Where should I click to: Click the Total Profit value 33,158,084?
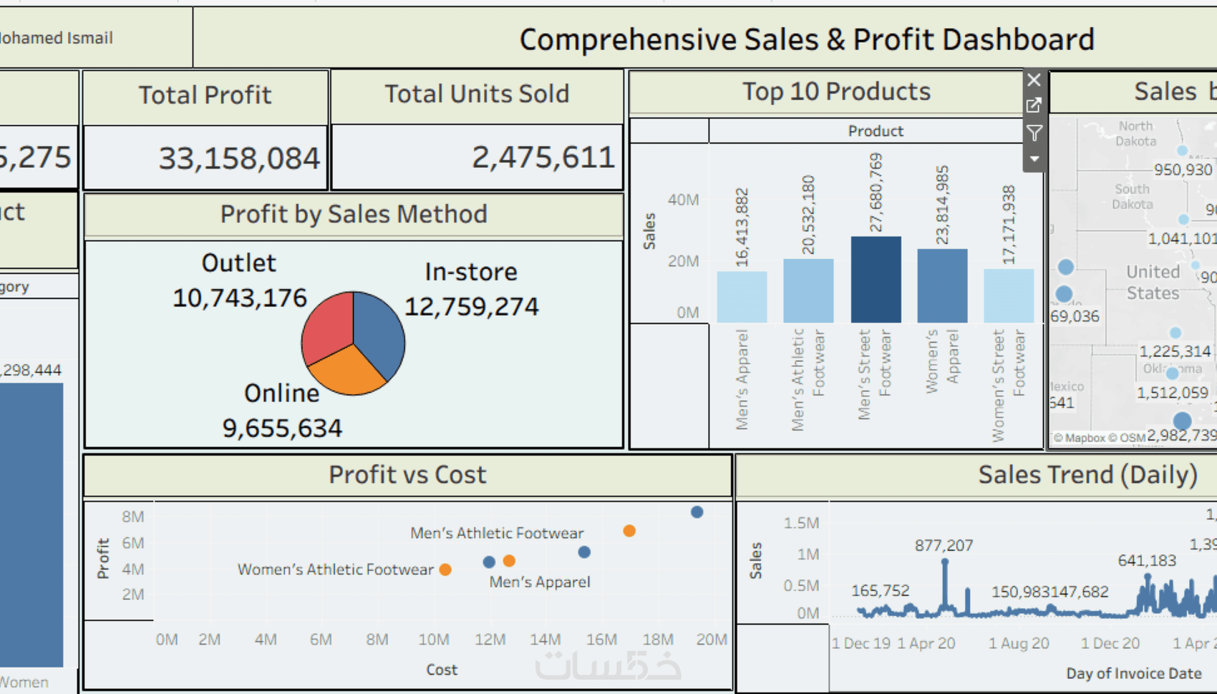point(238,158)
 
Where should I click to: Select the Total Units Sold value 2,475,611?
point(543,157)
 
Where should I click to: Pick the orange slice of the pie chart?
point(349,372)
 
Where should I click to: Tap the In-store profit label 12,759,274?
point(471,307)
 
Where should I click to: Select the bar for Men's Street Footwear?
point(876,280)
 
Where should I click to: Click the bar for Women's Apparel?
point(942,286)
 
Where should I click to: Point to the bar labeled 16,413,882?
point(742,297)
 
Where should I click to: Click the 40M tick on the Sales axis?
point(683,200)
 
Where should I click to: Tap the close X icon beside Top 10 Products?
point(1034,80)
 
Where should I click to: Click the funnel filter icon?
point(1034,133)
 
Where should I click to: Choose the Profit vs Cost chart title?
point(407,475)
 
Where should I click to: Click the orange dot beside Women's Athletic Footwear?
point(445,570)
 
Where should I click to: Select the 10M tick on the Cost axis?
point(433,640)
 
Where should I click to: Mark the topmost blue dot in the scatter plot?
point(697,512)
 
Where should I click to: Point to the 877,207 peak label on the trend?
point(944,546)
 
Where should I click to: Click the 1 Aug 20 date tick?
point(1018,643)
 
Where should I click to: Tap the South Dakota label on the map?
point(1132,197)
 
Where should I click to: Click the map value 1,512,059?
point(1172,393)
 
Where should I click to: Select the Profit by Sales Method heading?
point(354,215)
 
